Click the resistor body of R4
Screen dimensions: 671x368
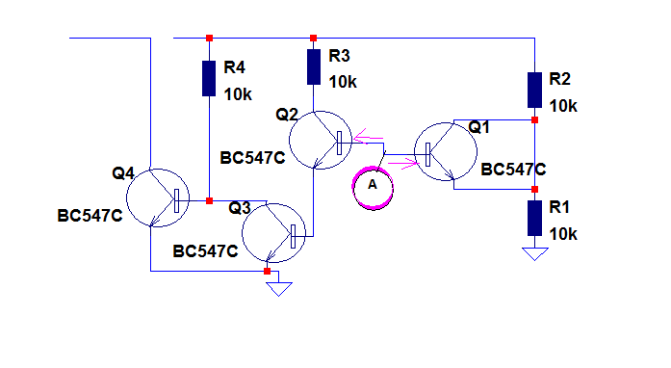pyautogui.click(x=209, y=78)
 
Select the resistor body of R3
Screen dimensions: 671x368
pyautogui.click(x=314, y=66)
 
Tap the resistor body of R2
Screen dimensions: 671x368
pyautogui.click(x=534, y=90)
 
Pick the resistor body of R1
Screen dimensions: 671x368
pyautogui.click(x=534, y=218)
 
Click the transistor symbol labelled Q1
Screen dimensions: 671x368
pyautogui.click(x=446, y=151)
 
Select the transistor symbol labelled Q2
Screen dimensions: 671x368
pyautogui.click(x=320, y=140)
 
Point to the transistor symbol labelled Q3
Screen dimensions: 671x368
pyautogui.click(x=273, y=233)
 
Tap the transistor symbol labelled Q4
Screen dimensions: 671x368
pyautogui.click(x=158, y=197)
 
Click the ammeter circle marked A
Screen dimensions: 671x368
pyautogui.click(x=373, y=187)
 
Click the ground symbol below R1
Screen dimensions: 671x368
pyautogui.click(x=535, y=253)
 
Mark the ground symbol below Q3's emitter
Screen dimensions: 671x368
pyautogui.click(x=279, y=289)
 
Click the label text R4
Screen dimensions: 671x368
pyautogui.click(x=235, y=67)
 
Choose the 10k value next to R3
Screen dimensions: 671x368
pyautogui.click(x=343, y=82)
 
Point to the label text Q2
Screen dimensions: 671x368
pyautogui.click(x=287, y=115)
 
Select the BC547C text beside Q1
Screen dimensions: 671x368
pyautogui.click(x=513, y=170)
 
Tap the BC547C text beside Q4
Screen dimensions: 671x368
pyautogui.click(x=90, y=216)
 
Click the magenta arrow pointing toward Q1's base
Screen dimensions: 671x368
pyautogui.click(x=408, y=163)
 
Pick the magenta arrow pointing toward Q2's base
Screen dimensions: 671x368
pyautogui.click(x=369, y=136)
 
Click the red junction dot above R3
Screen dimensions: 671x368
pyautogui.click(x=313, y=39)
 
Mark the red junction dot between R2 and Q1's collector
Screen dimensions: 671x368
pyautogui.click(x=534, y=120)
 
